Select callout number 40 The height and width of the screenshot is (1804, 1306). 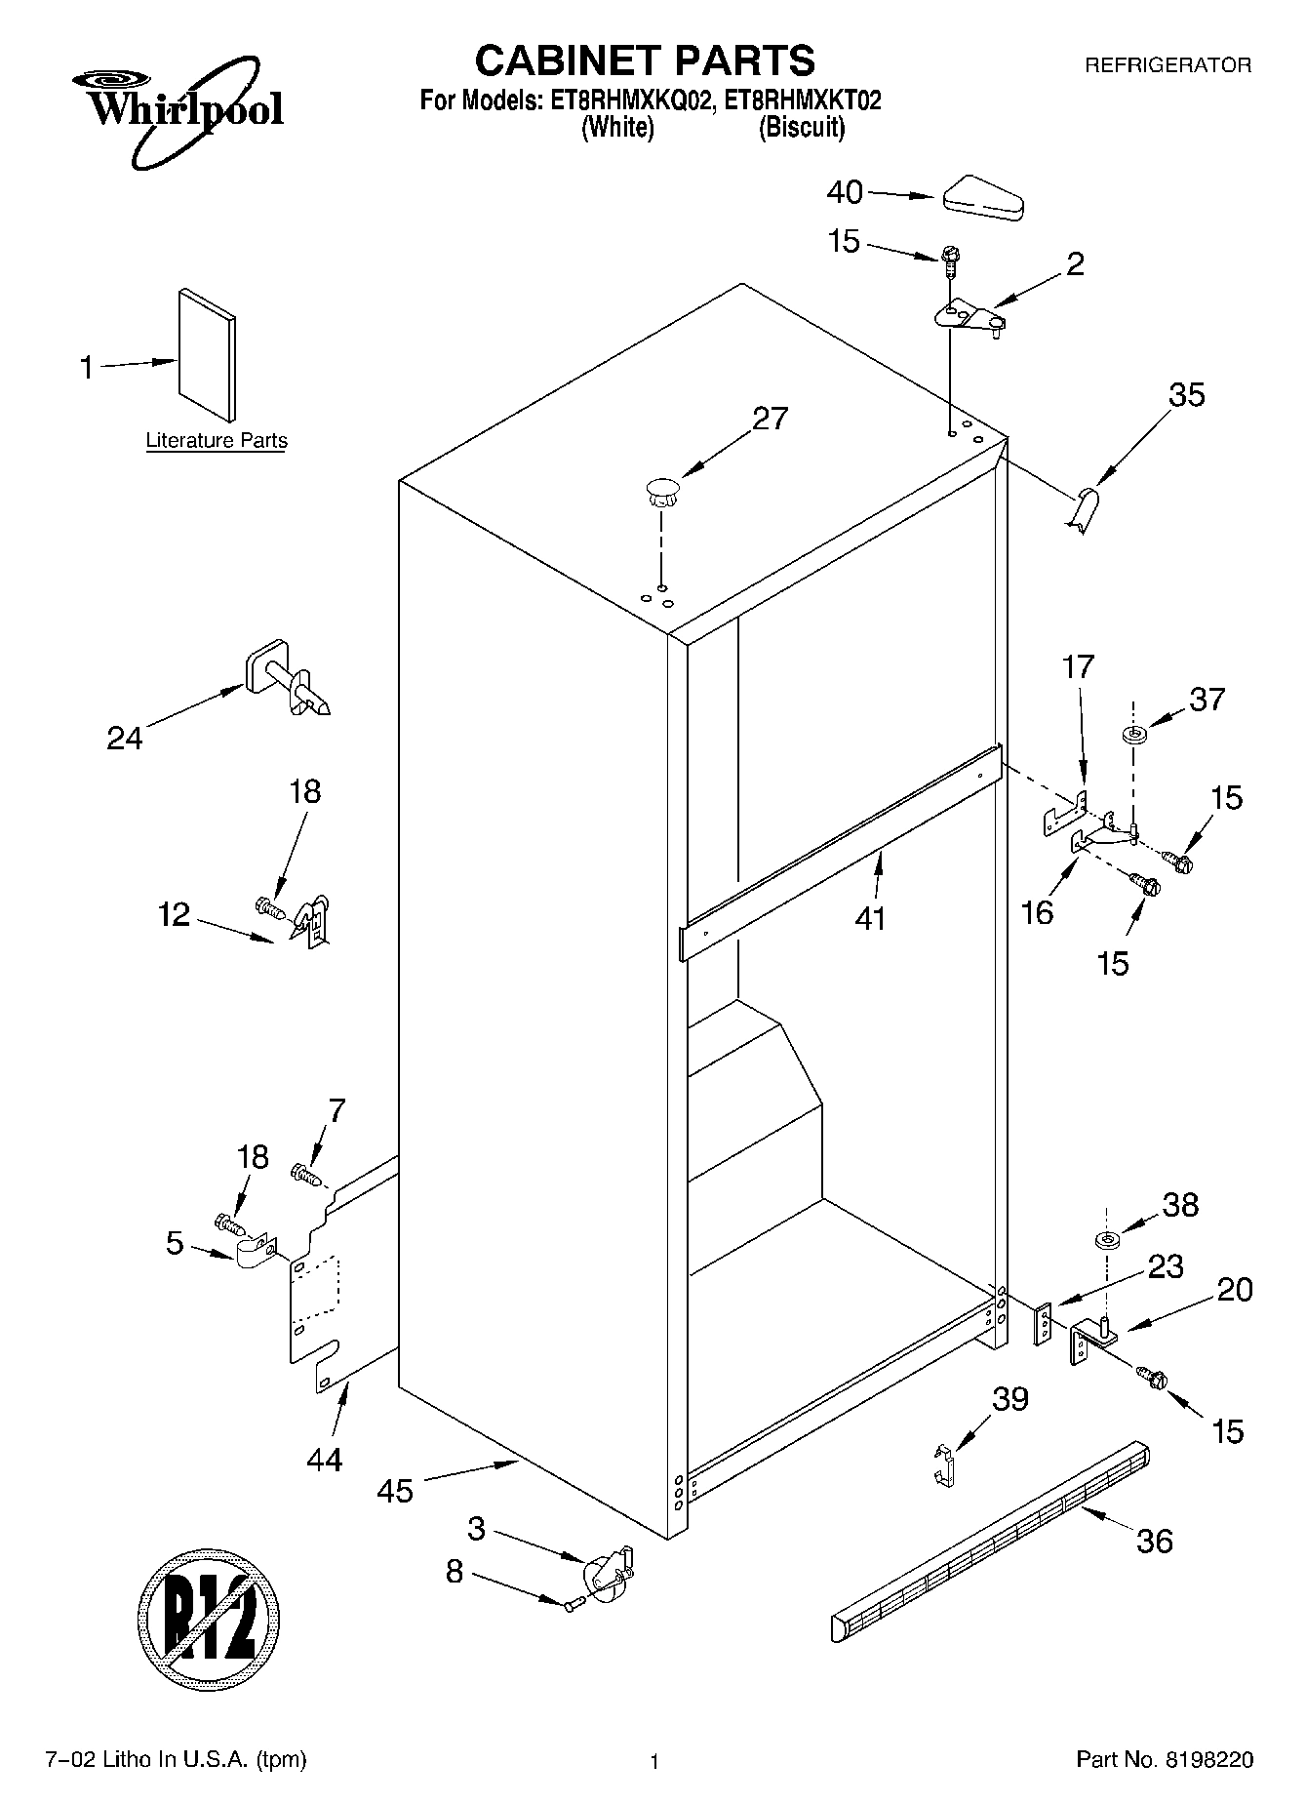[845, 192]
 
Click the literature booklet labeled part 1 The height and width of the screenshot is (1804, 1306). [207, 358]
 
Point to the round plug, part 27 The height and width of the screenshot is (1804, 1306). [661, 490]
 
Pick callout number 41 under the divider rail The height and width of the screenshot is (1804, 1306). [870, 918]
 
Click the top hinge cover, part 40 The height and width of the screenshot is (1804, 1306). [982, 197]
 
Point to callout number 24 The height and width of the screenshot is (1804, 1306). [125, 738]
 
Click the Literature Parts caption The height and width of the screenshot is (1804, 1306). [217, 441]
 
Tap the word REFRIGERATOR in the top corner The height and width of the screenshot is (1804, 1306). [1167, 65]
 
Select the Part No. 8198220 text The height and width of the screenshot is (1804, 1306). [1165, 1760]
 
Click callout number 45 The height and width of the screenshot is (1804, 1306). [396, 1491]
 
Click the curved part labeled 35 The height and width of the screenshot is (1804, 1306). [1081, 510]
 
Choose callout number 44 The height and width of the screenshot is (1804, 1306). [324, 1460]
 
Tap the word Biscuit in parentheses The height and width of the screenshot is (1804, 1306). [802, 128]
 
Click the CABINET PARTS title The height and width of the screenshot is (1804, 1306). [645, 60]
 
